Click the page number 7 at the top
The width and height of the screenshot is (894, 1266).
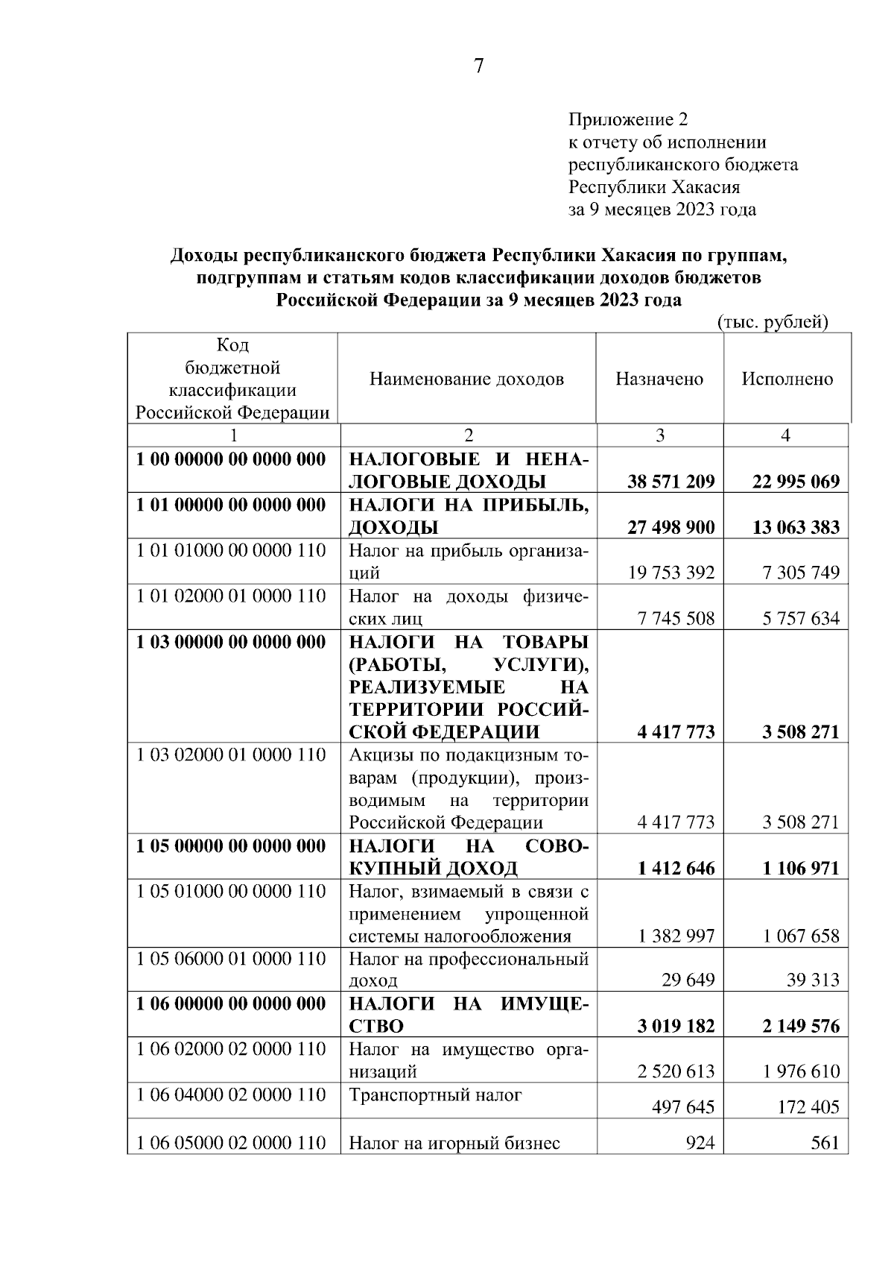478,66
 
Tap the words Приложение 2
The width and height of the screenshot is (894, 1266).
629,119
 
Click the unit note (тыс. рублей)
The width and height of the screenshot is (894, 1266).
773,322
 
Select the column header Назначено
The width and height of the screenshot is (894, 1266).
659,379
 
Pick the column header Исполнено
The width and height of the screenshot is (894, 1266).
787,379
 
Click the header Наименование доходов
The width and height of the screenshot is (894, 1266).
467,379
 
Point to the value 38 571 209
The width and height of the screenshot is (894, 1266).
670,482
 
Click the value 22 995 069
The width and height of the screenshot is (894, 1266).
796,482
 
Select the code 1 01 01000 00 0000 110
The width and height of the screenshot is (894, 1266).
231,550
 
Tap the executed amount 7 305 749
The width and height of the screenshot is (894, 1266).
801,573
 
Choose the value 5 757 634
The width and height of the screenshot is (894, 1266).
801,618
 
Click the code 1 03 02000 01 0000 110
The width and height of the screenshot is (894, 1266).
231,755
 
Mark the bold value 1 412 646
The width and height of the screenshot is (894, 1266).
676,868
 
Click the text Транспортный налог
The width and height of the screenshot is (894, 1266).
436,1095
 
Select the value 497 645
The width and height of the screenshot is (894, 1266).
682,1107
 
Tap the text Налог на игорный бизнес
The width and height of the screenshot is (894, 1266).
454,1142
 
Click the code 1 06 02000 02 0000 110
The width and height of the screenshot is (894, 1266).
231,1049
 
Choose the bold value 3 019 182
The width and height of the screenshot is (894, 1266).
676,1026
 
